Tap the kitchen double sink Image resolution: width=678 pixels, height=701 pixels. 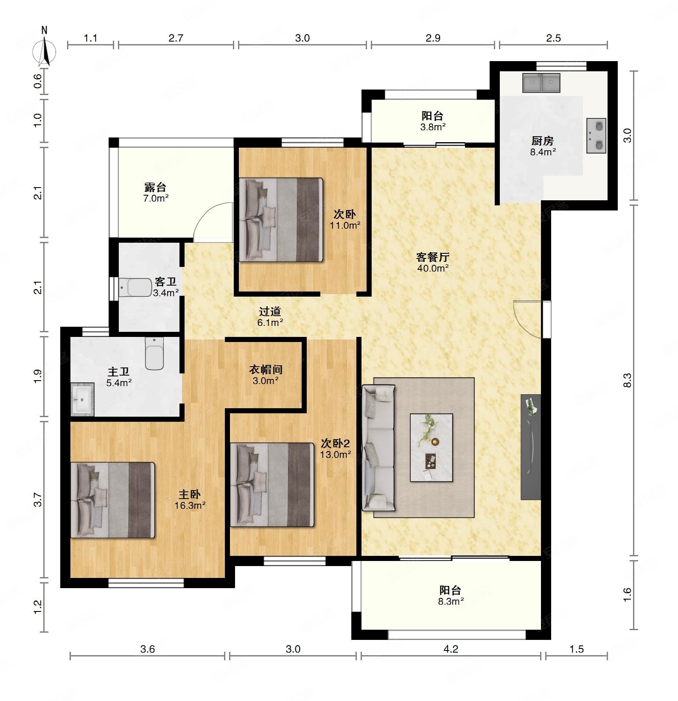(x=541, y=83)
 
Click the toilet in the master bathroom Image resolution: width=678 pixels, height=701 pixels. (x=154, y=353)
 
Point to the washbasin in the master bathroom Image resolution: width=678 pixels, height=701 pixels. (x=82, y=398)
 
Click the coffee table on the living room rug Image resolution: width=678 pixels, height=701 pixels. (x=431, y=448)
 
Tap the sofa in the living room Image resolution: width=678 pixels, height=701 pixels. (x=378, y=448)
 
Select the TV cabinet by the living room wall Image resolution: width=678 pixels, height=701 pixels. (x=531, y=447)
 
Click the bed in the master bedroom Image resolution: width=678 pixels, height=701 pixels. (x=112, y=500)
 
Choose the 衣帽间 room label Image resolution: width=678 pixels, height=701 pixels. (x=266, y=370)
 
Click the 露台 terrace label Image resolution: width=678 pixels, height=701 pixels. (x=155, y=187)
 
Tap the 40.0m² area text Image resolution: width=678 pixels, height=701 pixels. (x=433, y=268)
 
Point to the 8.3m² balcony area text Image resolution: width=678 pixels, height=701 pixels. (x=451, y=601)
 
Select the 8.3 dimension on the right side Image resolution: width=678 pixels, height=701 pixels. (x=628, y=380)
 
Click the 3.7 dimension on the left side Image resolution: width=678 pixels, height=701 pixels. (x=38, y=499)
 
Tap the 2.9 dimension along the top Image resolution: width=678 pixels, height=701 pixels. (x=433, y=38)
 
